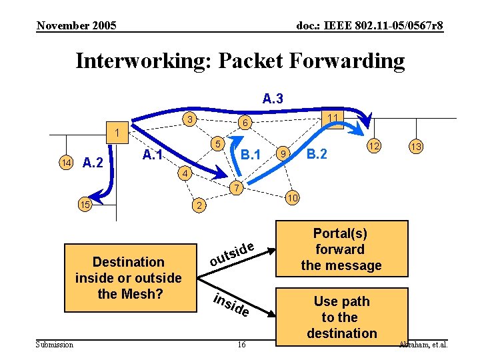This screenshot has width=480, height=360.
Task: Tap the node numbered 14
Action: click(x=65, y=162)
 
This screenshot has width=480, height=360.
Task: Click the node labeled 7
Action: click(x=233, y=188)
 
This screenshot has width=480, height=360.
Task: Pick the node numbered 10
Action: click(x=291, y=199)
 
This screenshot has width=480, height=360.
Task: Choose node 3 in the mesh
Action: click(x=191, y=120)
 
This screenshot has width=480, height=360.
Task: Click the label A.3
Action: click(x=272, y=99)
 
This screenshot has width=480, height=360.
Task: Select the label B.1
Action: click(x=250, y=156)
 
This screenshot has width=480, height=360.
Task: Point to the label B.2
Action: click(x=316, y=155)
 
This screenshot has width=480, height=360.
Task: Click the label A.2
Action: click(x=92, y=162)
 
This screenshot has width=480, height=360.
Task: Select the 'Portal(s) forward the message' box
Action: click(x=341, y=249)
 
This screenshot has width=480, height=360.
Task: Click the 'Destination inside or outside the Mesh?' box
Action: click(x=128, y=278)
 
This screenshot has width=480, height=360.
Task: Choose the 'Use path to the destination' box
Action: click(x=341, y=317)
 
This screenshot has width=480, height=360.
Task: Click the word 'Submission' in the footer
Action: click(x=55, y=345)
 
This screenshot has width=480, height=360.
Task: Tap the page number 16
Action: click(x=241, y=345)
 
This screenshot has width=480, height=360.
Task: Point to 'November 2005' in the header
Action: click(x=76, y=26)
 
